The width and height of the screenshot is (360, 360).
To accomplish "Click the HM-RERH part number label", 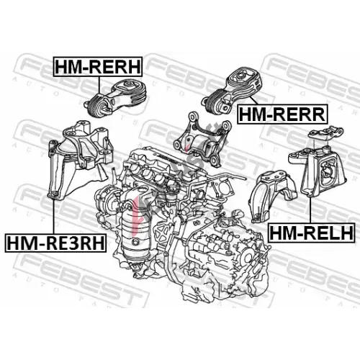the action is tap(98, 67).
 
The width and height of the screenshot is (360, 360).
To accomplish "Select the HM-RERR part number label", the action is tap(282, 114).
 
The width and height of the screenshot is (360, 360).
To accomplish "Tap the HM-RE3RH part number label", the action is tap(55, 243).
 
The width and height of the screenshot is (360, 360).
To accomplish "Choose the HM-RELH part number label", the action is tap(312, 233).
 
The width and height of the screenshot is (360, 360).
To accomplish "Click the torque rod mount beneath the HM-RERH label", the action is tap(115, 99).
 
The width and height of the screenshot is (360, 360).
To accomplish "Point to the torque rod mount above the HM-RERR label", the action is tap(232, 92).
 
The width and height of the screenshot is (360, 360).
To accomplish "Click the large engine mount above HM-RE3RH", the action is tap(80, 158).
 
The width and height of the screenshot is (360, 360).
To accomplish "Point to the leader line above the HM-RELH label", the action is tap(310, 210).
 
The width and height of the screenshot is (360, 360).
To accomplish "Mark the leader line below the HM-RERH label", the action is tap(99, 85).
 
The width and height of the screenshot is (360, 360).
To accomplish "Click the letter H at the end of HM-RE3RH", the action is tap(98, 243).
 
